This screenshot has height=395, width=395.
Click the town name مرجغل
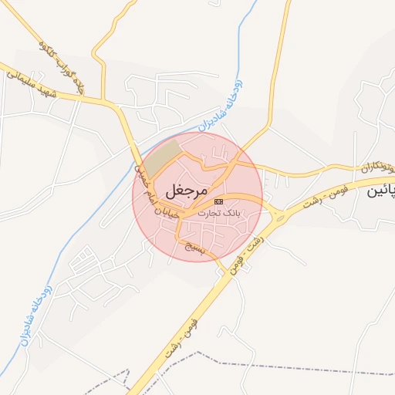[187, 188]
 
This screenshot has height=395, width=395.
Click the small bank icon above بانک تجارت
[218, 201]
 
